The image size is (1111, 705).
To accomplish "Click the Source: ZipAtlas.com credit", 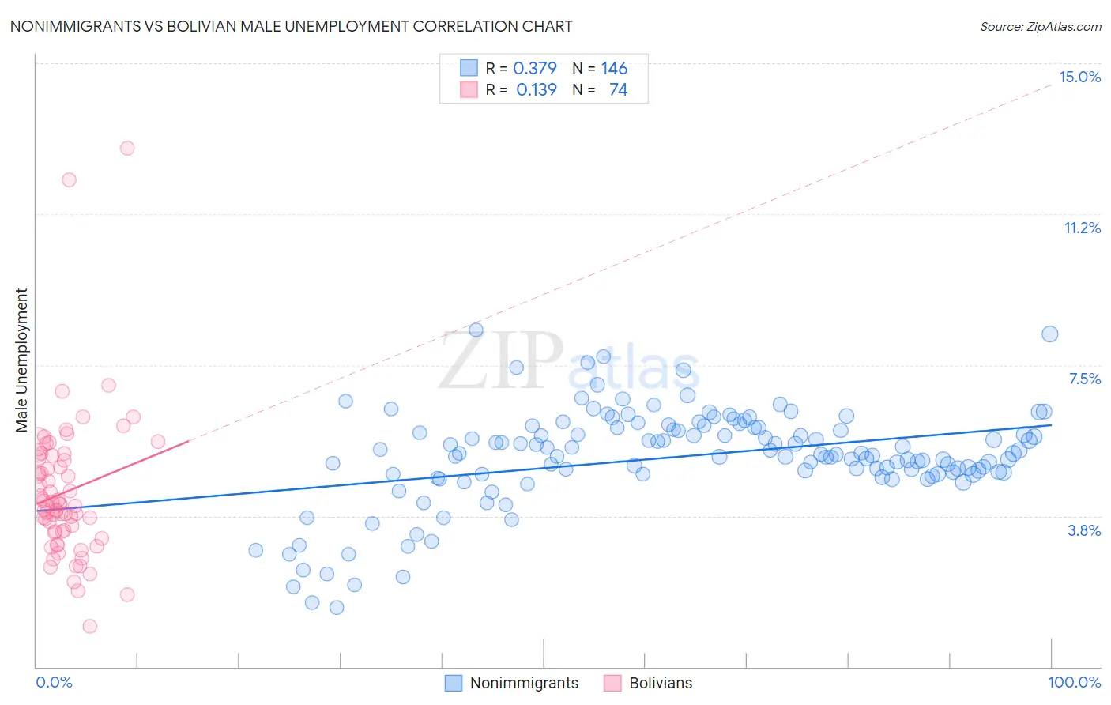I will click(x=1040, y=26).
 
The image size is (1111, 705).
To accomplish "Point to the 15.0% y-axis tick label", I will click(x=1079, y=77).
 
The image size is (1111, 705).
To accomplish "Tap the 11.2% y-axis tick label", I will click(x=1082, y=228).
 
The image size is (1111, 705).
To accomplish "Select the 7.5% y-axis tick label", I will click(x=1084, y=379).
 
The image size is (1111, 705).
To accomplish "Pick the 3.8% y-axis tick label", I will click(x=1084, y=530).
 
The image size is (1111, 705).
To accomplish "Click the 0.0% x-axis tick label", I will click(x=54, y=682).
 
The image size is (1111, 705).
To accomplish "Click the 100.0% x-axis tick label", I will click(x=1074, y=682).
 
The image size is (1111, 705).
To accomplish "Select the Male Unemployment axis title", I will click(x=21, y=360).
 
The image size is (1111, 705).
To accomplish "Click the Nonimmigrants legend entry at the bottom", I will click(x=524, y=683).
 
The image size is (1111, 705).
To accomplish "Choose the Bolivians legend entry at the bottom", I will click(x=660, y=683).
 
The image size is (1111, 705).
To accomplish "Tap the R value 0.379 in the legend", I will click(x=535, y=68).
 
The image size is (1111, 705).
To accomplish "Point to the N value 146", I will click(x=614, y=68).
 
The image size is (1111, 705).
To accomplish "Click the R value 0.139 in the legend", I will click(x=537, y=89).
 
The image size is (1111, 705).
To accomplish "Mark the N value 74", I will click(x=618, y=89).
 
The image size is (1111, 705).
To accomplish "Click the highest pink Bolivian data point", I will click(x=127, y=148).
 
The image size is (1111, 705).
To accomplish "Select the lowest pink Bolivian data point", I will click(x=90, y=626).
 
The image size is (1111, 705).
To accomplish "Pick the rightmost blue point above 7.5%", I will click(x=1049, y=334).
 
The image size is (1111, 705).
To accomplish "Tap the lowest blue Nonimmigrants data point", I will click(x=337, y=608).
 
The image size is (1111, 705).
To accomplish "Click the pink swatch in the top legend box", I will click(x=469, y=89).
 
